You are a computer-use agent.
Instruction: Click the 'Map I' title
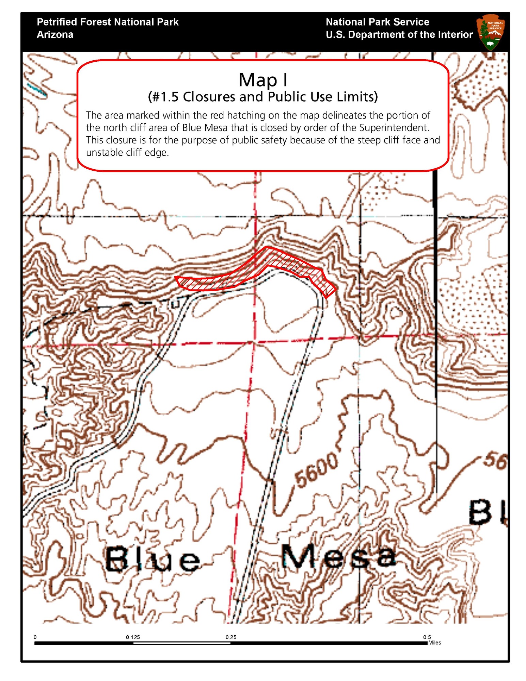coord(263,80)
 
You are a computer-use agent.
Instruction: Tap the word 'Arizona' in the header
coord(55,35)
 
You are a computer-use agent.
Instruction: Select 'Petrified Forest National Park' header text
coord(108,22)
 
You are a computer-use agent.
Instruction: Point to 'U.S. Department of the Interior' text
coord(399,35)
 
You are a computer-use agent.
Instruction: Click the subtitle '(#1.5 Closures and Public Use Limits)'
coord(263,97)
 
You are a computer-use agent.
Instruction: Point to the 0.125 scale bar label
coord(133,637)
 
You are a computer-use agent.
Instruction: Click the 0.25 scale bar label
coord(231,637)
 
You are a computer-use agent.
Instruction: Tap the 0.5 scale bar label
coord(427,637)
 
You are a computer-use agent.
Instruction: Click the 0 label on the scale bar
coord(35,637)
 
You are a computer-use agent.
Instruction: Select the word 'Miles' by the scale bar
coord(435,643)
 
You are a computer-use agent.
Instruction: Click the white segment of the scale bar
coord(182,643)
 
